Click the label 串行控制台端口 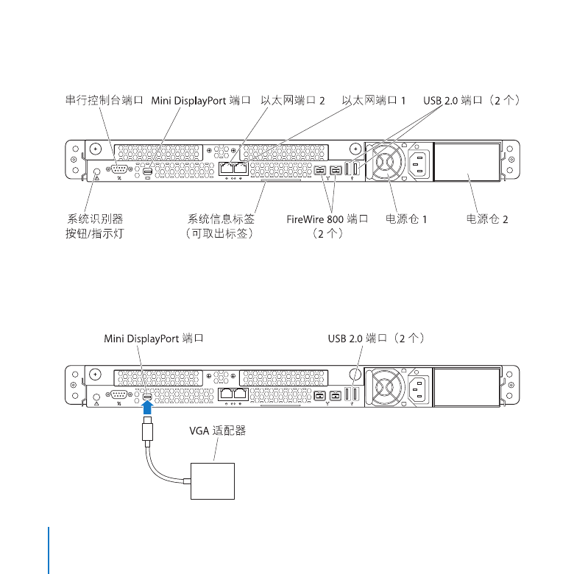(104, 100)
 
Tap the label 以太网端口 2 (292, 100)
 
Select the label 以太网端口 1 (373, 100)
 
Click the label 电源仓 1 (406, 219)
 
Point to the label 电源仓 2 (487, 219)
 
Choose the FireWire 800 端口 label (327, 219)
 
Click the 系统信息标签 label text (221, 219)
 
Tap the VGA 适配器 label (217, 431)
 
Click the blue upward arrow (147, 407)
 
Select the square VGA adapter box (213, 481)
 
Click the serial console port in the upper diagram (118, 169)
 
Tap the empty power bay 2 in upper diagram (467, 162)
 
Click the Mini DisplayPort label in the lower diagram (153, 339)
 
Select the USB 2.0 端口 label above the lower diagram (376, 339)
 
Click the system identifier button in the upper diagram (96, 171)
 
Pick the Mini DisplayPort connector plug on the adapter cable (147, 428)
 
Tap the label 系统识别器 (95, 219)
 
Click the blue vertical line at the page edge (49, 550)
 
